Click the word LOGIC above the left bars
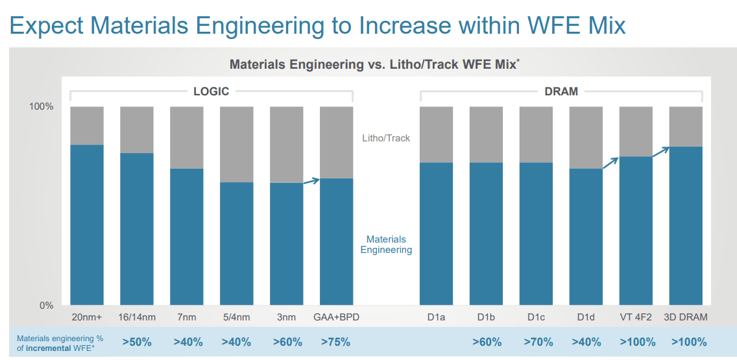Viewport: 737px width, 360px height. [x=211, y=91]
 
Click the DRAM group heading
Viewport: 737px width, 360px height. [x=561, y=91]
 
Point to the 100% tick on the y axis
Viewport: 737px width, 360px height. [x=42, y=106]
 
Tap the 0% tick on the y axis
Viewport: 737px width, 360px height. [x=45, y=306]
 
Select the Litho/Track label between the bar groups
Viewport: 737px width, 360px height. [x=386, y=138]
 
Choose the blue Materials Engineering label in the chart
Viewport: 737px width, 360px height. [x=386, y=245]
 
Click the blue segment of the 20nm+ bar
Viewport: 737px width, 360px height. [x=87, y=224]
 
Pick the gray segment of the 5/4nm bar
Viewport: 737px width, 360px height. [x=237, y=144]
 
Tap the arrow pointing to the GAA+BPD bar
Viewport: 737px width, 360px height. [x=311, y=181]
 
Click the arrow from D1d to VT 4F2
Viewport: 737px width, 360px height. [x=610, y=162]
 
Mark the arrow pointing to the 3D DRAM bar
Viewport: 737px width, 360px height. [x=660, y=151]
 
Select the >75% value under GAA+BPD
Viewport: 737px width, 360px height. [x=336, y=342]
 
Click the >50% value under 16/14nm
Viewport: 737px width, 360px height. [x=137, y=342]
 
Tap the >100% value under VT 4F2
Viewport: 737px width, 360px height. [x=636, y=342]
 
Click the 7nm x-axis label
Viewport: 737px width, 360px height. [x=187, y=318]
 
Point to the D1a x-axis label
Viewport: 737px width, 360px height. [x=436, y=318]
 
